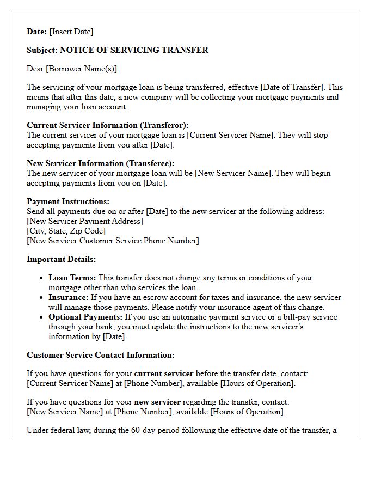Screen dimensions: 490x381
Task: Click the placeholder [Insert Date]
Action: point(71,32)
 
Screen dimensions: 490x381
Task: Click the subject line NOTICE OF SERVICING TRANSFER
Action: point(134,50)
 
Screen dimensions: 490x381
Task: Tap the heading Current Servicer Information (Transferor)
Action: point(108,125)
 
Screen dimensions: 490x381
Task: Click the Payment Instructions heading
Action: point(68,201)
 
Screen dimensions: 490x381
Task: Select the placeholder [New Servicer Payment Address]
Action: point(85,221)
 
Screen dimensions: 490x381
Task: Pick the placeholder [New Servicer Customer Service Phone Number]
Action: point(113,241)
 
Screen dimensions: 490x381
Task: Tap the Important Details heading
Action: point(62,259)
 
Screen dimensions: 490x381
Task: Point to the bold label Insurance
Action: point(68,297)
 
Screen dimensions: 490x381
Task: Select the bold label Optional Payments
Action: point(85,317)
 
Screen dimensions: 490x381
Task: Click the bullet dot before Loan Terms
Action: point(41,278)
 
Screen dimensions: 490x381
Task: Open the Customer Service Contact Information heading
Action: point(101,355)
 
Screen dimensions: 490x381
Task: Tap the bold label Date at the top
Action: point(36,32)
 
